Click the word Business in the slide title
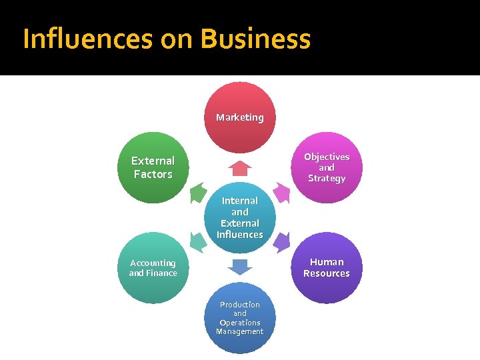(255, 39)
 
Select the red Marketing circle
(240, 117)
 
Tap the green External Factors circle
(153, 167)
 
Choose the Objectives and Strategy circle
(327, 167)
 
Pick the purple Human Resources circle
(327, 268)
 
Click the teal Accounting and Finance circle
(153, 268)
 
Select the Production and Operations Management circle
(240, 318)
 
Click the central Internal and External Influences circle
(240, 217)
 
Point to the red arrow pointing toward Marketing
(240, 168)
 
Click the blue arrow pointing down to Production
(240, 267)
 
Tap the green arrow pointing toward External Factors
(197, 193)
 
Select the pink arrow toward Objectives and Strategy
(282, 193)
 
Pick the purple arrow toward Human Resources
(282, 241)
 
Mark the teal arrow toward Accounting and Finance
(197, 241)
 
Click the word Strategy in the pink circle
(327, 179)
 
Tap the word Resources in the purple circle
(327, 273)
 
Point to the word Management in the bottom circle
(240, 331)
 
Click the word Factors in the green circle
(153, 174)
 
